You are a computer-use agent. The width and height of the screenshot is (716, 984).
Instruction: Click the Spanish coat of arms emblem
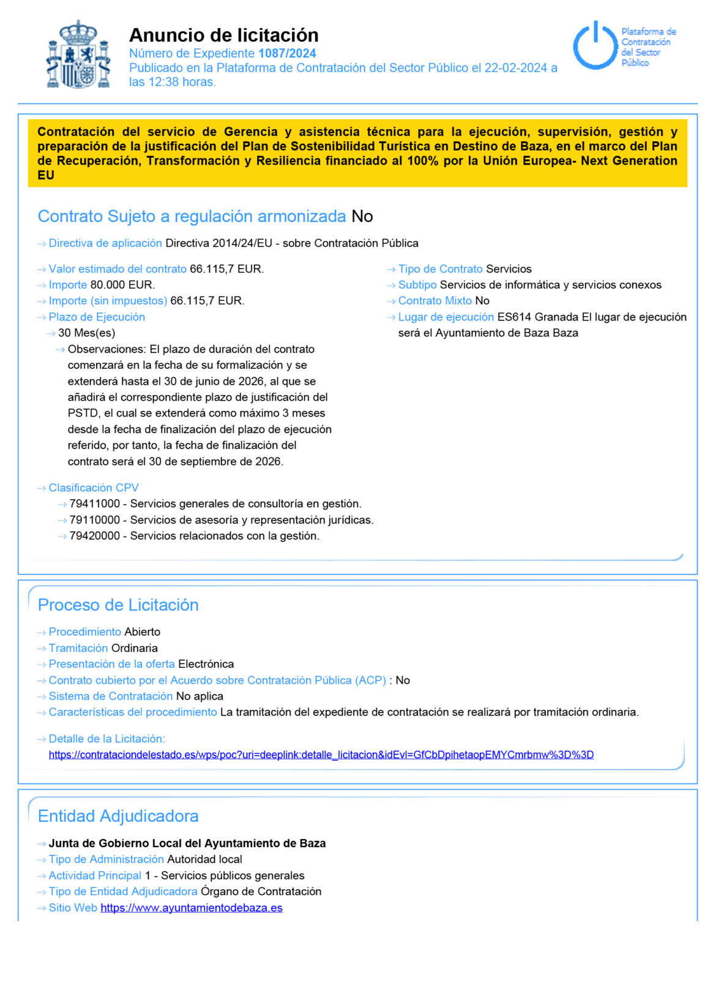(78, 55)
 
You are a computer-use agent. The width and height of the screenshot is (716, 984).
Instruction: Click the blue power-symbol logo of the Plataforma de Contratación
(594, 46)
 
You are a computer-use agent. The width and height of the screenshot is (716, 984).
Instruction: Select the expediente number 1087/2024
(286, 53)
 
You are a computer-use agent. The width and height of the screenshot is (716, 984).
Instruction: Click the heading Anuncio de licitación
(223, 35)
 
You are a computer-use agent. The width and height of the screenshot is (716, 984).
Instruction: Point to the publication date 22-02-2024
(515, 68)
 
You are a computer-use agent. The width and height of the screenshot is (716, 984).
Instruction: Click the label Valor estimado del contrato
(117, 269)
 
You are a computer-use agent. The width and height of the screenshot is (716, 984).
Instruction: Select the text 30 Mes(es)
(86, 333)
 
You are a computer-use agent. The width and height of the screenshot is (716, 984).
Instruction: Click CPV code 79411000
(95, 504)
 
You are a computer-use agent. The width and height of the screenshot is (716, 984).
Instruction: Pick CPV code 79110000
(95, 520)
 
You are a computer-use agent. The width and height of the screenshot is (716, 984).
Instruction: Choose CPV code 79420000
(95, 536)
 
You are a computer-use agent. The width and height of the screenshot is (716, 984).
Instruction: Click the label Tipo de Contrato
(440, 269)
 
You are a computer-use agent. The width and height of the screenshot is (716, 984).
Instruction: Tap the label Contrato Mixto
(434, 301)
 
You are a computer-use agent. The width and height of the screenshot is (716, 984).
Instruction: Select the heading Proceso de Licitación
(118, 605)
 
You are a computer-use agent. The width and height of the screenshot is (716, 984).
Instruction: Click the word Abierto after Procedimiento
(142, 632)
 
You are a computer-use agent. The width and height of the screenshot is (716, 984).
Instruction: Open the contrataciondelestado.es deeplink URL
(321, 755)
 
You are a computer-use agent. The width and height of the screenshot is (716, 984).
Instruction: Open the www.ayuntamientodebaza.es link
(191, 908)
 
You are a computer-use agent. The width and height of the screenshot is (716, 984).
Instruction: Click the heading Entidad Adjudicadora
(118, 816)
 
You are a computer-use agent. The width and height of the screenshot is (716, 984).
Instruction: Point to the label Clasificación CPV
(94, 488)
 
